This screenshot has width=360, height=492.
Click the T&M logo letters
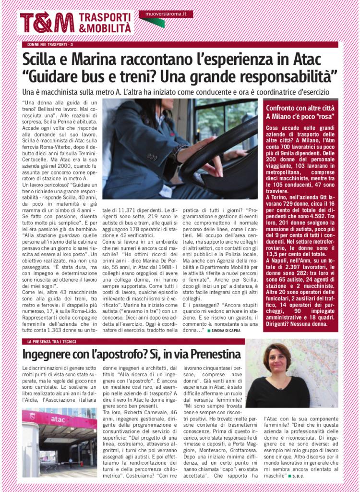(x=47, y=22)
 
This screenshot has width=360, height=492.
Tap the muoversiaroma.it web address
(x=166, y=14)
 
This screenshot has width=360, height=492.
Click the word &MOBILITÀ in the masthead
(x=105, y=29)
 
